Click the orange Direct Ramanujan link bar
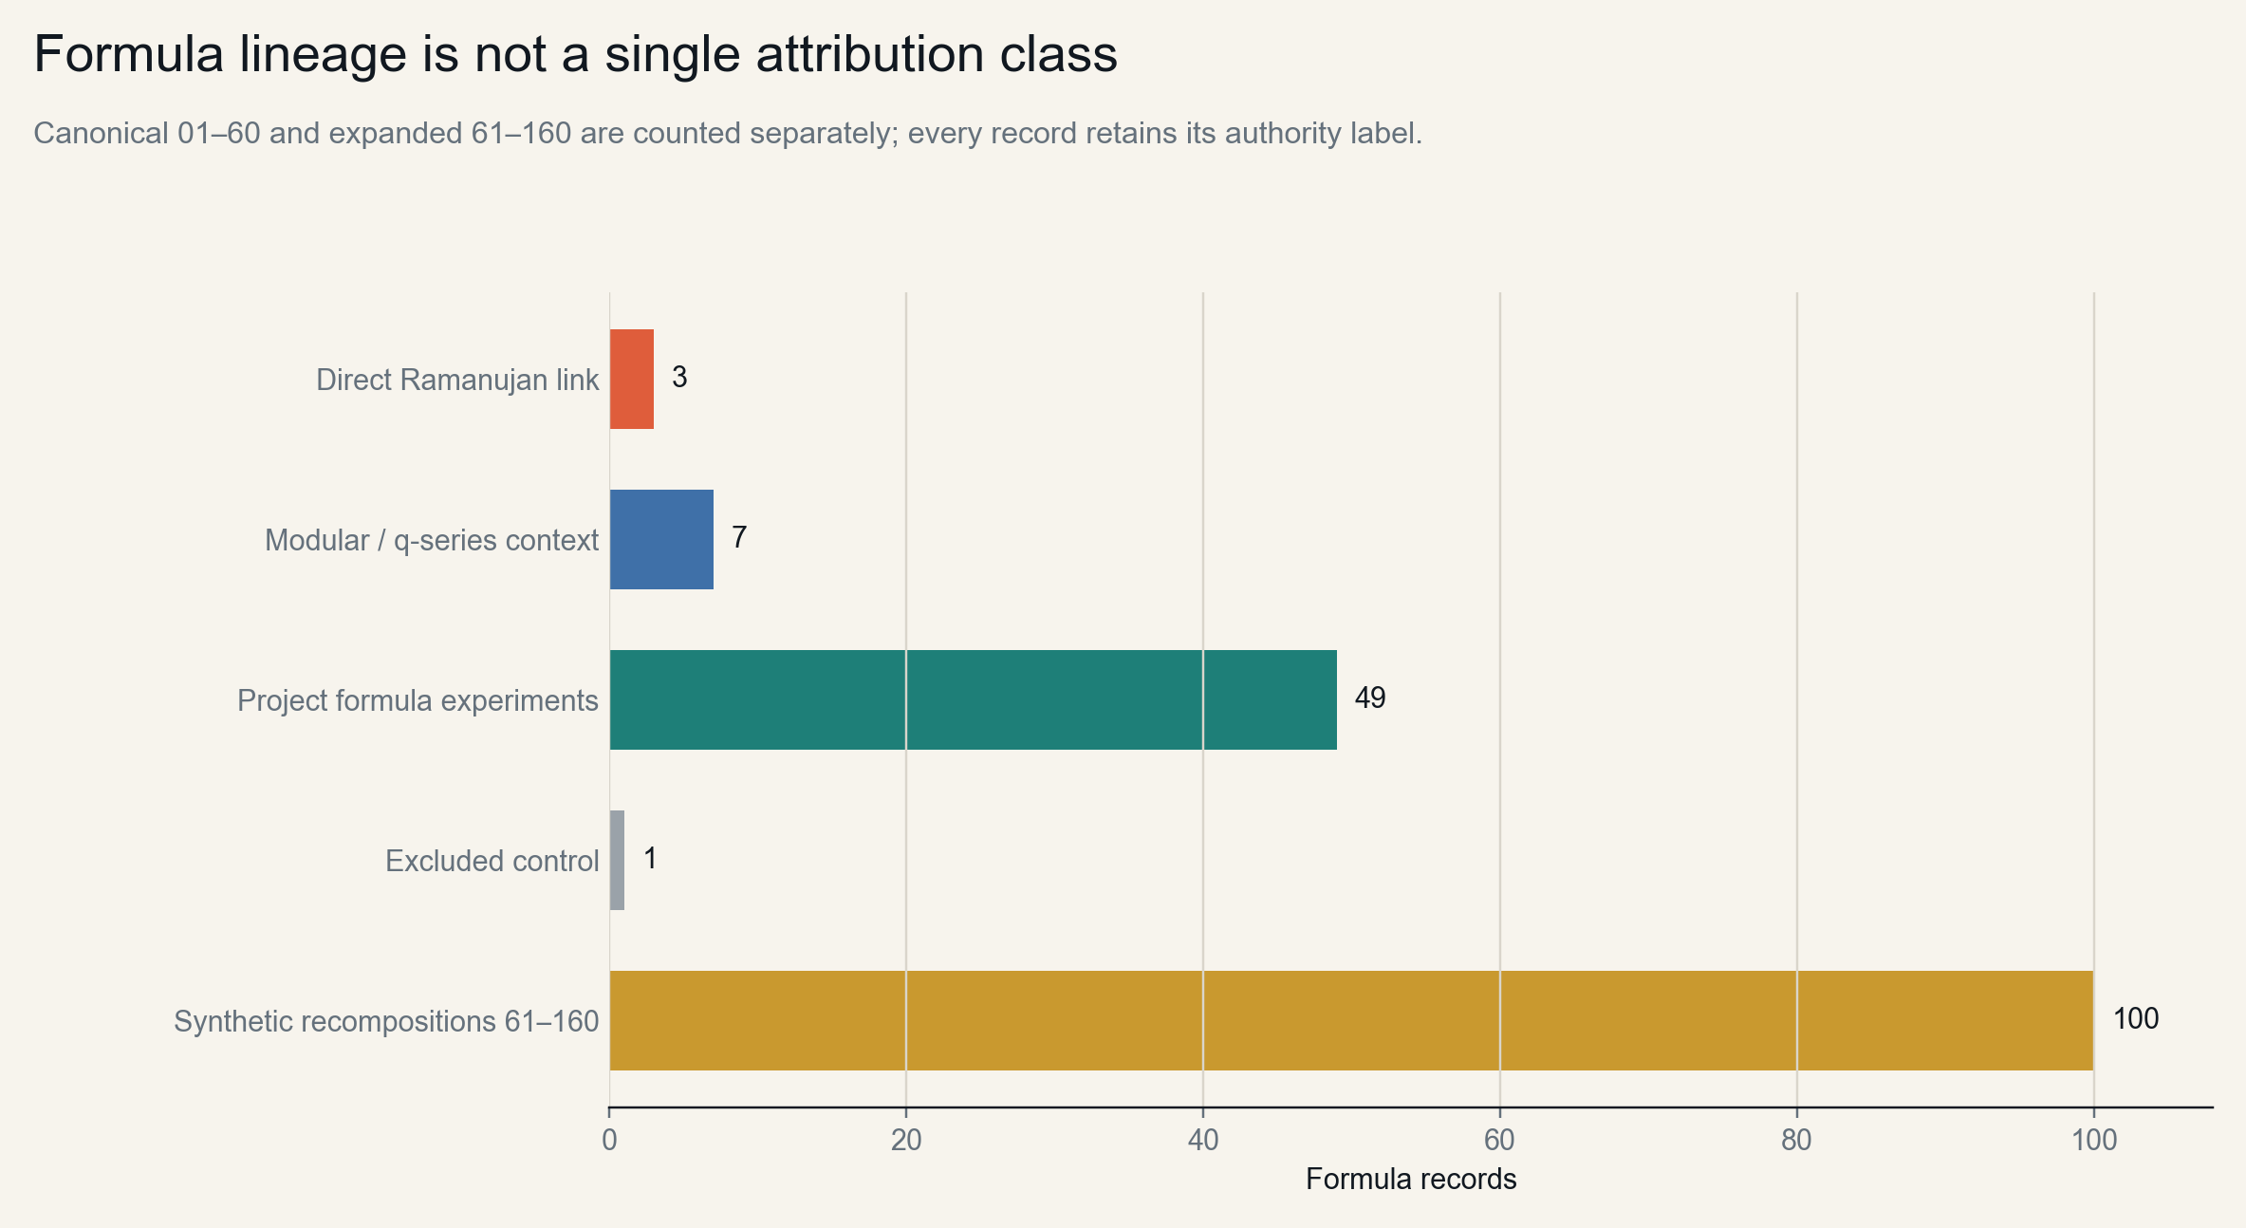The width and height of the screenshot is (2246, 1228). (632, 379)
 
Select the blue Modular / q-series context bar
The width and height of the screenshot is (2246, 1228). (661, 539)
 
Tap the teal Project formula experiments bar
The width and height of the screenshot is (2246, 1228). (974, 699)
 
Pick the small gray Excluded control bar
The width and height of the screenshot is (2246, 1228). (617, 860)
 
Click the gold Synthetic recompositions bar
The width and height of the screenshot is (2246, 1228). (1351, 1020)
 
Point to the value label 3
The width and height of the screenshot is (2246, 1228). (679, 378)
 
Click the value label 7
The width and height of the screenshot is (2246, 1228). (739, 538)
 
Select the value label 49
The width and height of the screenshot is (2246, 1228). (1370, 698)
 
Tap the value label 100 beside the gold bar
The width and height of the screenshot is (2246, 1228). (2136, 1019)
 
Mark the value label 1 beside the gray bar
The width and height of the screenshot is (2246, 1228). (650, 859)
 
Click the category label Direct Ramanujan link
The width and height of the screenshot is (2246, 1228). (457, 380)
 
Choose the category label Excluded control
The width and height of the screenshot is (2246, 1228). (492, 861)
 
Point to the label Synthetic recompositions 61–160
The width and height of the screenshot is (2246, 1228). (387, 1021)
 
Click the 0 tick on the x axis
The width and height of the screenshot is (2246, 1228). (609, 1140)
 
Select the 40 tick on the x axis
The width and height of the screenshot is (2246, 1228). (1203, 1140)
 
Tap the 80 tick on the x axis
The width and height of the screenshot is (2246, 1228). (1797, 1140)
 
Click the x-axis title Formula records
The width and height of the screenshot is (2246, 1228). (1411, 1180)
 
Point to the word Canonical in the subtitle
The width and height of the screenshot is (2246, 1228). (101, 134)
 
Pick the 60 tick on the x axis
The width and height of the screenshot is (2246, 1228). (1500, 1140)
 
